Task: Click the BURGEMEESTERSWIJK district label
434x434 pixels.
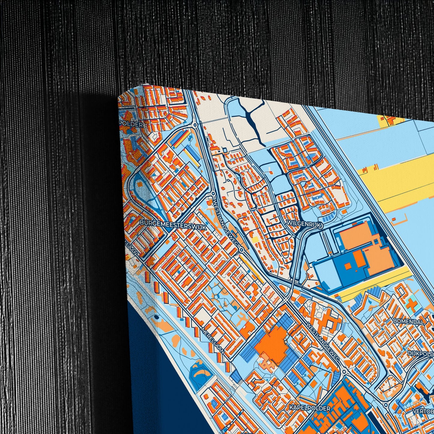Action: pos(173,225)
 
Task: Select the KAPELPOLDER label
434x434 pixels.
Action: pos(310,408)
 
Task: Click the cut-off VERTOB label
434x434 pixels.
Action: pos(423,411)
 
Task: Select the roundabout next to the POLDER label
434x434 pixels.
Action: pos(195,125)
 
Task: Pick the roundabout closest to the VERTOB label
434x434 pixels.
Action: pos(387,404)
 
